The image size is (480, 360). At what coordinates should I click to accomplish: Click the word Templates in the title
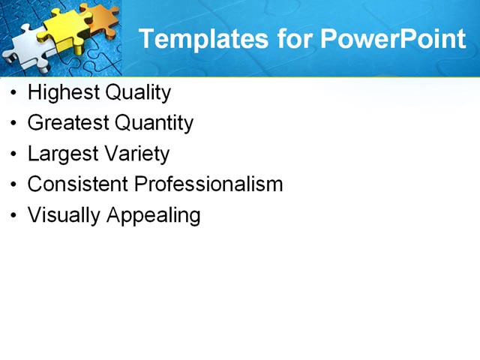[196, 39]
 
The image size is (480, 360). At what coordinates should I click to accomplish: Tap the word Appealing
[154, 216]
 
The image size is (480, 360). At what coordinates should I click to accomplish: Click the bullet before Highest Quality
[15, 94]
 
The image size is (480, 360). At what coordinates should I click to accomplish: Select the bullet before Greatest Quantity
[15, 124]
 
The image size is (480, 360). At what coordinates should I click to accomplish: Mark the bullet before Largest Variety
[15, 154]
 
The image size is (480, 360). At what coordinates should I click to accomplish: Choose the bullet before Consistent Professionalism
[15, 185]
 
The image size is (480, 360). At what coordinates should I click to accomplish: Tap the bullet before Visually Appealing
[15, 216]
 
